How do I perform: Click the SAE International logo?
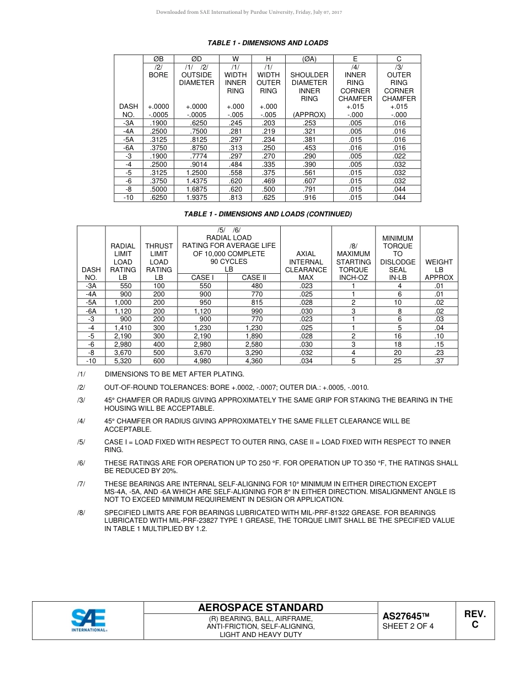[x=88, y=620]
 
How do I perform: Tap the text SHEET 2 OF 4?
[x=408, y=626]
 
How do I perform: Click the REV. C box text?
[x=474, y=619]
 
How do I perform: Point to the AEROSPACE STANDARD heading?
[x=260, y=608]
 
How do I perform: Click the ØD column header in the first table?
[x=196, y=59]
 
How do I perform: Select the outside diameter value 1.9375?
[x=196, y=197]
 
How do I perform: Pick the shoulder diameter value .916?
[x=309, y=197]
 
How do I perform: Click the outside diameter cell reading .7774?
[x=196, y=156]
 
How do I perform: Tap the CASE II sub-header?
[x=254, y=278]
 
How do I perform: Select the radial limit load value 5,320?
[x=122, y=361]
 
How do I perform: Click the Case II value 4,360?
[x=254, y=361]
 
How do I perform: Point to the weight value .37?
[x=439, y=361]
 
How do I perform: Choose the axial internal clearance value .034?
[x=306, y=361]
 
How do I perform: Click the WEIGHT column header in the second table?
[x=439, y=262]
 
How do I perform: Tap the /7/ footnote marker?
[x=81, y=484]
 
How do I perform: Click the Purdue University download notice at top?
[x=249, y=12]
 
